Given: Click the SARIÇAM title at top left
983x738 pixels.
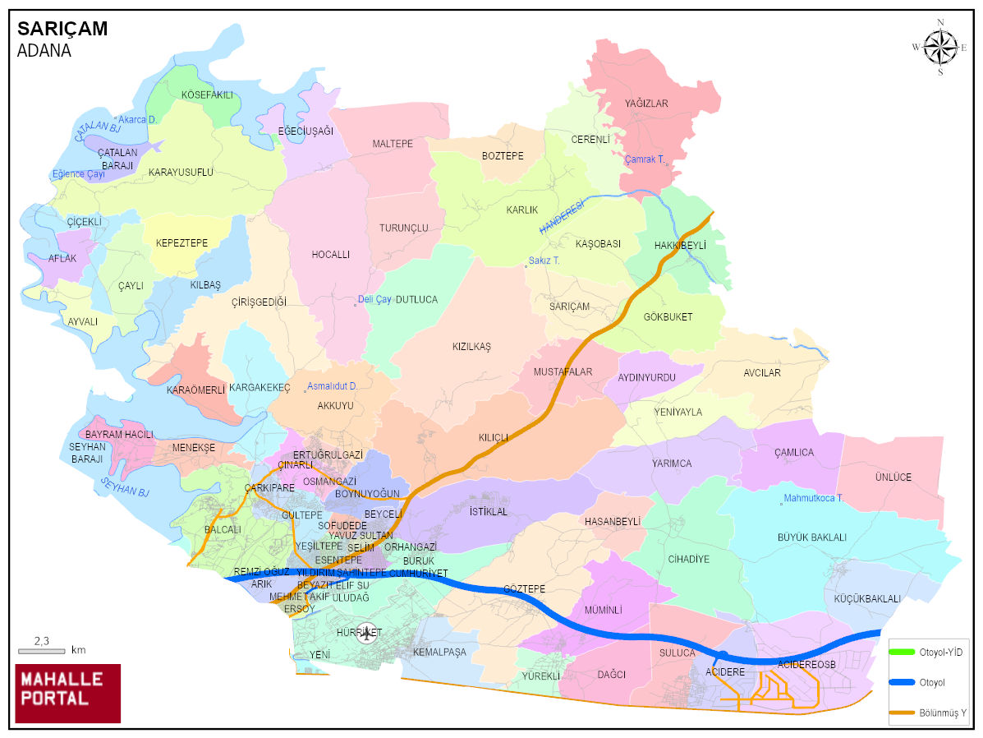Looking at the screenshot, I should (x=62, y=29).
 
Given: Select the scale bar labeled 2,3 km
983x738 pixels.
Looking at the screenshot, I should (x=42, y=650).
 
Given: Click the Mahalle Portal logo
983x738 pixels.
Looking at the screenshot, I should (x=68, y=693).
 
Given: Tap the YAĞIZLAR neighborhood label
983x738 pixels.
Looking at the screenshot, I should (x=646, y=104).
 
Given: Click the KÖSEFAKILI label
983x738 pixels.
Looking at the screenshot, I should (x=207, y=95).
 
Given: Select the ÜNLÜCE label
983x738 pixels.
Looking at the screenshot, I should (x=893, y=477).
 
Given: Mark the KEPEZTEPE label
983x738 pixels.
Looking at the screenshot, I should (x=181, y=243).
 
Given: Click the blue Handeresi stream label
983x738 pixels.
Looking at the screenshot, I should (x=561, y=217).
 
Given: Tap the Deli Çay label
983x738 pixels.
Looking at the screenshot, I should (x=374, y=300).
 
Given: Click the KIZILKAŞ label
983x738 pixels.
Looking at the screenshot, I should (x=471, y=347).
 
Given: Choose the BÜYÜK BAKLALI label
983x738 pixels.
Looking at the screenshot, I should (x=811, y=537).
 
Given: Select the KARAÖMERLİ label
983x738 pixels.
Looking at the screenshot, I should (x=195, y=390).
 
